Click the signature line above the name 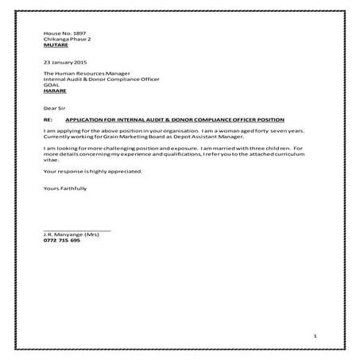click(x=77, y=230)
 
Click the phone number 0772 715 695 click(x=62, y=241)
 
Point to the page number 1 click(x=315, y=336)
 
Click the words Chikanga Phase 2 click(x=68, y=38)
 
